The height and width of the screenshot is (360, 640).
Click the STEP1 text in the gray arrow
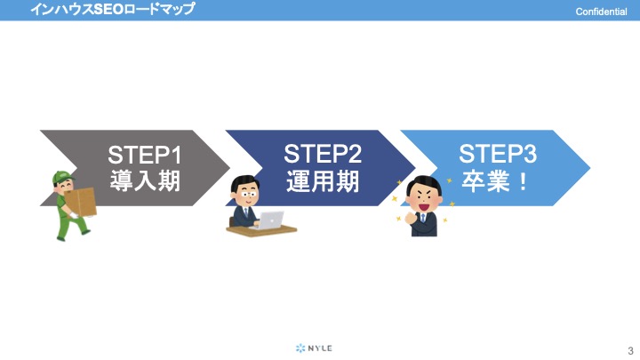(145, 155)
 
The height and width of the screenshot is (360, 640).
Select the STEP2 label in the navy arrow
(323, 154)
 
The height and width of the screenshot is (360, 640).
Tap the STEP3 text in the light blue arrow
(498, 154)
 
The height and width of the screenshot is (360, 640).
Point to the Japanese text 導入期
(145, 180)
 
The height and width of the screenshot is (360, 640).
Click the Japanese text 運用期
(323, 180)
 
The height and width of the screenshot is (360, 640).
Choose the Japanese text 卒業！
(495, 180)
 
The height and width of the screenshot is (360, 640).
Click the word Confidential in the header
(601, 12)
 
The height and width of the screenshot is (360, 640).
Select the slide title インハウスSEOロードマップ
(113, 9)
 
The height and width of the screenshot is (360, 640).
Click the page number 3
(630, 350)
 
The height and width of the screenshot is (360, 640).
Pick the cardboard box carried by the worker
(81, 202)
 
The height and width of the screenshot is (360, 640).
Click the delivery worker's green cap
(62, 178)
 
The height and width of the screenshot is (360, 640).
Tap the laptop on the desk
(269, 220)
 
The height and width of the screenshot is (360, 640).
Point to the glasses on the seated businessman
(247, 194)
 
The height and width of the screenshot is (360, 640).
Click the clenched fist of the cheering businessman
(410, 218)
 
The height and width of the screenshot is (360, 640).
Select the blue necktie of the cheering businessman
(423, 218)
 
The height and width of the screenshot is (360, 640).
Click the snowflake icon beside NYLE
(300, 348)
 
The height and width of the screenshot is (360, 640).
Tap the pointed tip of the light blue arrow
(590, 168)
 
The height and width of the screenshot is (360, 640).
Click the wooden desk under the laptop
(261, 231)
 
